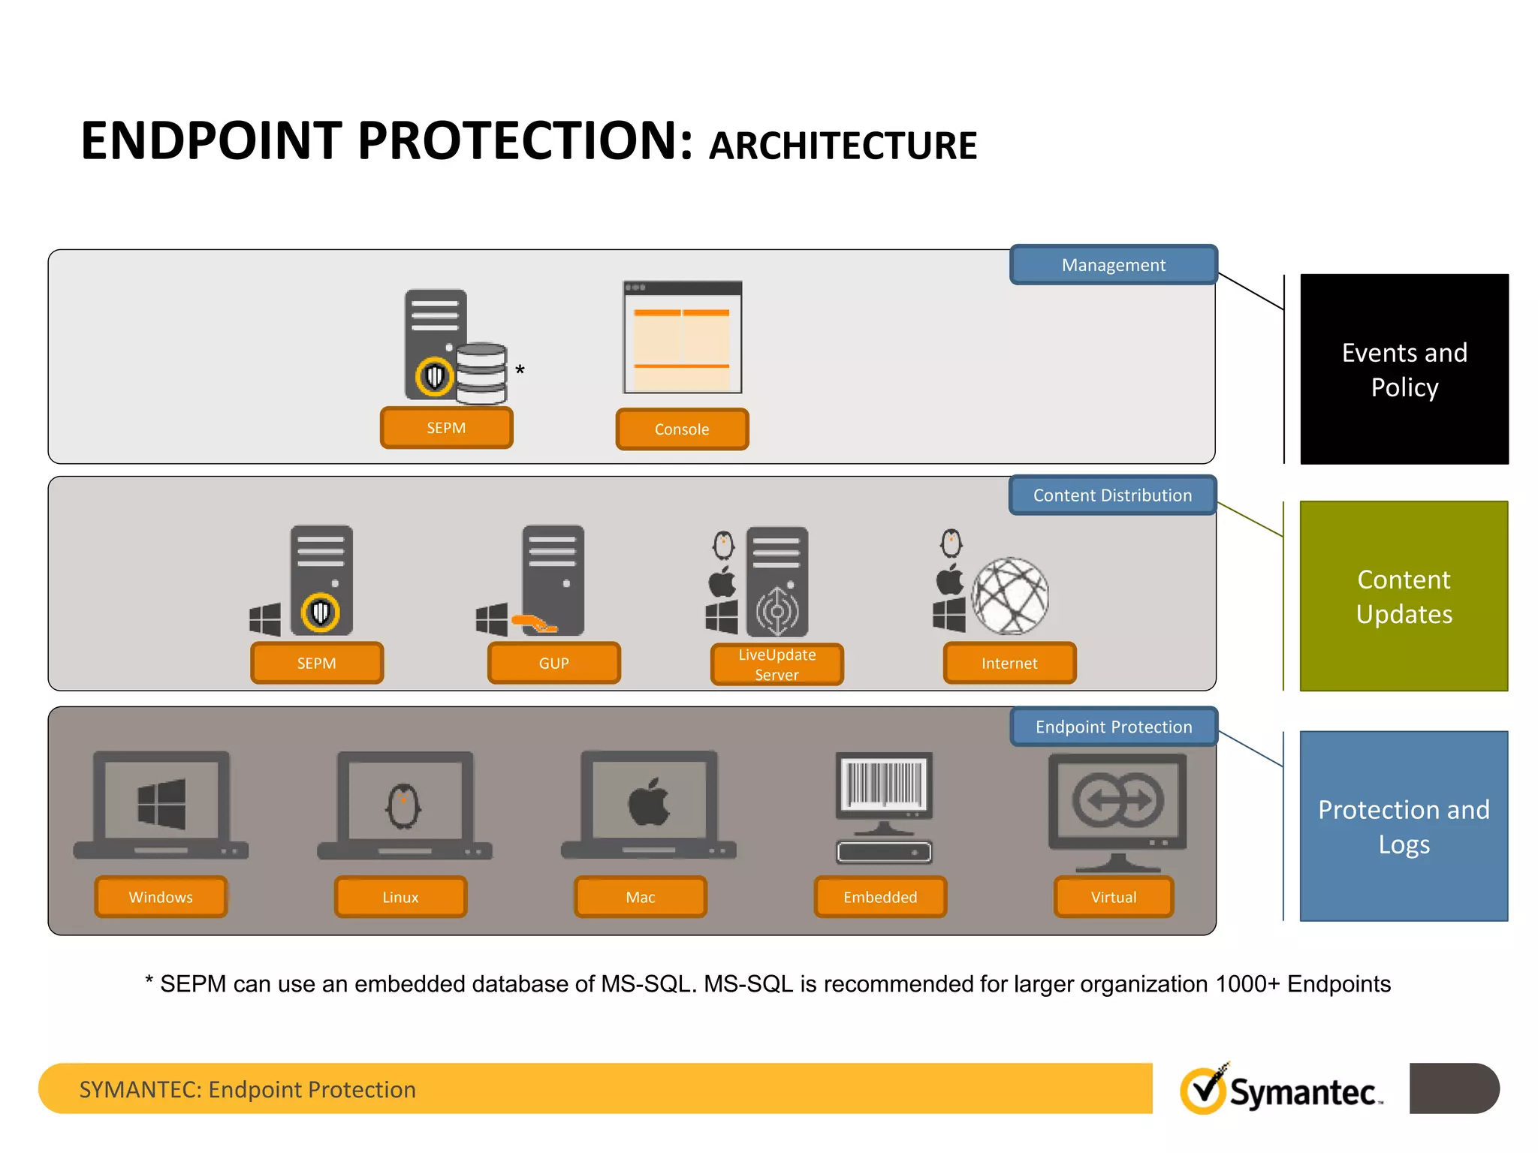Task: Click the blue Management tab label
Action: coord(1113,265)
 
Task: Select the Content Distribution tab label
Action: coord(1112,495)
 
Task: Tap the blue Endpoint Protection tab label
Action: coord(1113,727)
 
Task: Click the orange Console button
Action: coord(682,429)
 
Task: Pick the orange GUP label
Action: coord(553,663)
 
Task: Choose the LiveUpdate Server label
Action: coord(777,664)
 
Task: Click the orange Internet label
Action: coord(1009,663)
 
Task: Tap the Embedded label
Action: coord(880,897)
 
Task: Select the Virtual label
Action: coord(1113,897)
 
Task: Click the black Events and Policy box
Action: coord(1404,369)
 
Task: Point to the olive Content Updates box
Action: coord(1404,596)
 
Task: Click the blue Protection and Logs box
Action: coord(1404,826)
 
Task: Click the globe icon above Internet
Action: coord(1010,596)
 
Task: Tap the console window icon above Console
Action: coord(682,338)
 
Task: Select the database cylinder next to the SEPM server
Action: coord(481,373)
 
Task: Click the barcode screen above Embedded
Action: coord(884,784)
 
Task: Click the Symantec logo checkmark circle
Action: coord(1203,1091)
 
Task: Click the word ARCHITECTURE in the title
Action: coord(843,146)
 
